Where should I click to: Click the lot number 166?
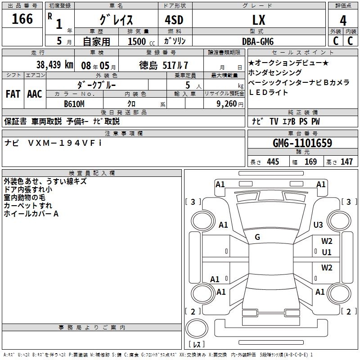pyautogui.click(x=22, y=19)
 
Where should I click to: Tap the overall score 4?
pyautogui.click(x=343, y=21)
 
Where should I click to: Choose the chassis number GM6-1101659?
pyautogui.click(x=302, y=144)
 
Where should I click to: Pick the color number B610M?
pyautogui.click(x=74, y=103)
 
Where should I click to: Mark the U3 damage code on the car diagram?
pyautogui.click(x=318, y=225)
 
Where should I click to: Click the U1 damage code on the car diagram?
pyautogui.click(x=326, y=252)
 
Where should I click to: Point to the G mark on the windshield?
pyautogui.click(x=257, y=237)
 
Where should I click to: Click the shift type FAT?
pyautogui.click(x=13, y=94)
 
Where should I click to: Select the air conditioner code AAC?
pyautogui.click(x=34, y=94)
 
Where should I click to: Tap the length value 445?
pyautogui.click(x=273, y=162)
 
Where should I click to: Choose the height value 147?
pyautogui.click(x=346, y=162)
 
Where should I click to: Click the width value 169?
pyautogui.click(x=310, y=162)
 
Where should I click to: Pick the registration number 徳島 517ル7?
pyautogui.click(x=163, y=65)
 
